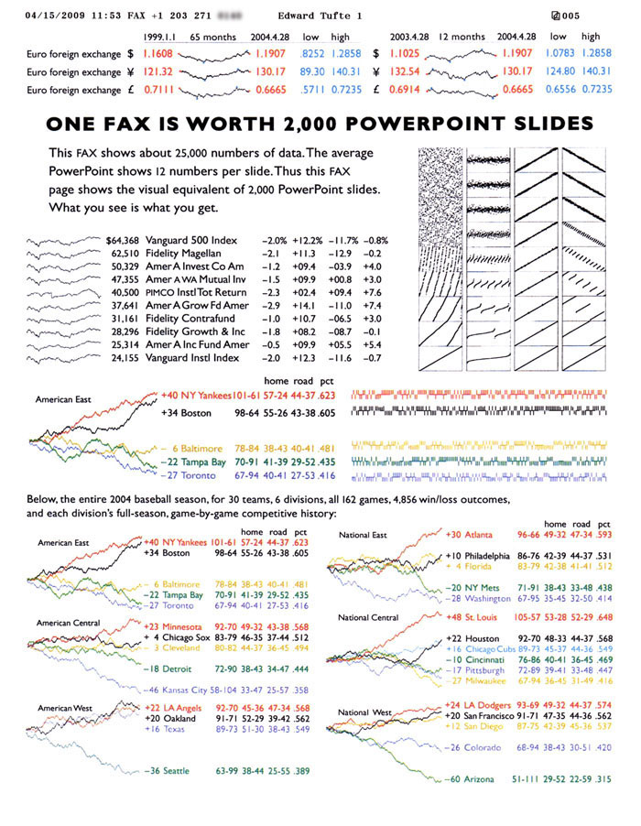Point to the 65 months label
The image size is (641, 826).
pos(212,38)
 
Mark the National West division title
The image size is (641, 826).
pos(364,712)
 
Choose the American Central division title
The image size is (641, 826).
pos(68,623)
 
